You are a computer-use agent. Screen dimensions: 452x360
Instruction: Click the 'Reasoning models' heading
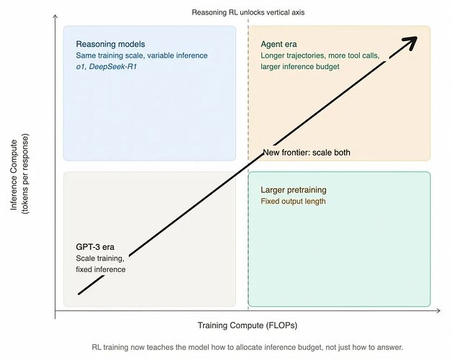(110, 44)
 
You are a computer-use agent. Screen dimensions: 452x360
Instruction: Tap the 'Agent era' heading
(279, 44)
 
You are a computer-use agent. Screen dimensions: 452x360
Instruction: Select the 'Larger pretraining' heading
(294, 190)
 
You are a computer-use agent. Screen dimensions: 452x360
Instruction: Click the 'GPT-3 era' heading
(95, 247)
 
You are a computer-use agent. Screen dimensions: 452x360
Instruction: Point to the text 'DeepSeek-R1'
(113, 67)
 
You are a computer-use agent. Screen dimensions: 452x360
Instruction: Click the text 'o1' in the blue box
(81, 67)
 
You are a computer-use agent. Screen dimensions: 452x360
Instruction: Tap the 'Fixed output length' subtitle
(293, 201)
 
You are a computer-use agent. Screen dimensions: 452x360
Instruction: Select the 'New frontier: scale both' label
(307, 153)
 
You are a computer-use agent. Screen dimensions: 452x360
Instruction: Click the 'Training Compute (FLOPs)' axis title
(248, 325)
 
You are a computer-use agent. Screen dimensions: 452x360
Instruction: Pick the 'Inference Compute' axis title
(14, 175)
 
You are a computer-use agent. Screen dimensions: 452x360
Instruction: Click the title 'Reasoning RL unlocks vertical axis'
(248, 12)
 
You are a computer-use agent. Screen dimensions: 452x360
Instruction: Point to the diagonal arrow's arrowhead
(410, 42)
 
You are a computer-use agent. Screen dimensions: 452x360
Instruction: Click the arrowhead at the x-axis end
(438, 310)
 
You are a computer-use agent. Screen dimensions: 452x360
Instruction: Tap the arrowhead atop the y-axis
(55, 17)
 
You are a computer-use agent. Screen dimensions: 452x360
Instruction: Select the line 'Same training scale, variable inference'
(142, 55)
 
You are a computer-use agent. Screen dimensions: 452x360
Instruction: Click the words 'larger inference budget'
(300, 67)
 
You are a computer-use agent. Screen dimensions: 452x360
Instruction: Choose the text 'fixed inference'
(101, 269)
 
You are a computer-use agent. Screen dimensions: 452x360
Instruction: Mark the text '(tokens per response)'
(25, 174)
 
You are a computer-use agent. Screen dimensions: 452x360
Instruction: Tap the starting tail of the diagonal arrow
(78, 294)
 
